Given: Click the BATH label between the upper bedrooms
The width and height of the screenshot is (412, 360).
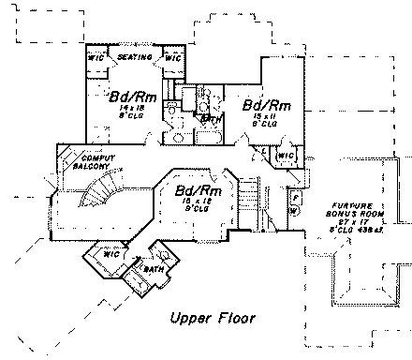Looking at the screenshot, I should (211, 119).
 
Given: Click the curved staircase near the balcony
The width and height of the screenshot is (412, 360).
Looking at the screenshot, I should (97, 194).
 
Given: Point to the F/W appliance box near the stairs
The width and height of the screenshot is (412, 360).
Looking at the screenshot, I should (293, 202).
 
